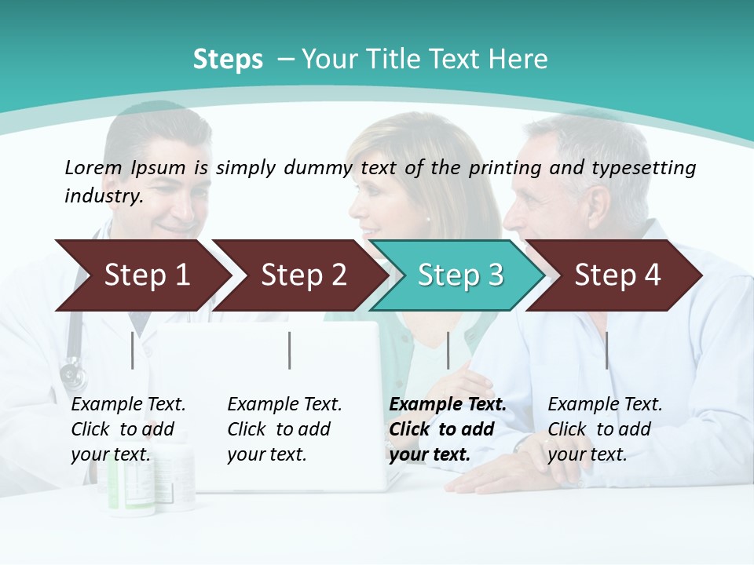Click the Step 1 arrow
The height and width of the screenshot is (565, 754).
[146, 275]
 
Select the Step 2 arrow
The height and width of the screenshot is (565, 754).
[303, 275]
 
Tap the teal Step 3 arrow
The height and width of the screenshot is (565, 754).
[460, 275]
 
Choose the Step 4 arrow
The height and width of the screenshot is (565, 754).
[617, 275]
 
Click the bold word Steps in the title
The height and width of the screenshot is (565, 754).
[228, 60]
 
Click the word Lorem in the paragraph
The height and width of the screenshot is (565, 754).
[93, 168]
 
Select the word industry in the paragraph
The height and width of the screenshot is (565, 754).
[104, 196]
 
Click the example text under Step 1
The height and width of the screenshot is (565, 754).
[128, 429]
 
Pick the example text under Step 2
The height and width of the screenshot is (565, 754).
[284, 429]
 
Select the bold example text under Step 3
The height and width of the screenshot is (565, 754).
[447, 429]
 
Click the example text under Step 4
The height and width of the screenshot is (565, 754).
[605, 429]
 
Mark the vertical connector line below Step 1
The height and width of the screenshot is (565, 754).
[133, 350]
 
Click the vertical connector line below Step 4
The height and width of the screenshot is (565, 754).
[607, 350]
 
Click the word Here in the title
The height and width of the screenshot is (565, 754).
[521, 60]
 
